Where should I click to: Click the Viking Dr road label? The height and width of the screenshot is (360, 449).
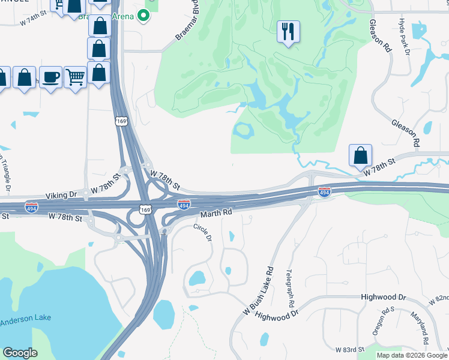(62, 196)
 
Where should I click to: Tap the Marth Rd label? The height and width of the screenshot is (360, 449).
(216, 213)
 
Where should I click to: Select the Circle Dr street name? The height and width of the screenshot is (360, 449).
(202, 233)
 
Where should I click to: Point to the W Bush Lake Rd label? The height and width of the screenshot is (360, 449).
(258, 292)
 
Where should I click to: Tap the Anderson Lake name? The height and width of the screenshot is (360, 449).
(25, 319)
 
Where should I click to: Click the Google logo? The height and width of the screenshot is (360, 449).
(20, 353)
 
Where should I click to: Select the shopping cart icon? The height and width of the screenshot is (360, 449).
(75, 77)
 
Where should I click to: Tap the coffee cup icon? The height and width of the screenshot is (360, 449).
(51, 77)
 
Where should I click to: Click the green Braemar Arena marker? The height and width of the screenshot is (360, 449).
(143, 16)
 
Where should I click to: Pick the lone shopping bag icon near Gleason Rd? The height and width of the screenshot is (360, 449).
(360, 155)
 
